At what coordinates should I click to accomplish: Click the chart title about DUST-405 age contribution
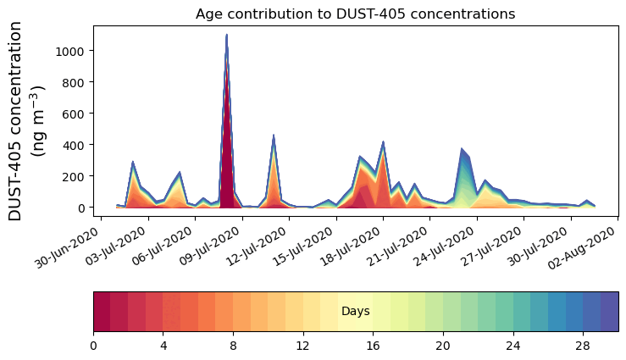pos(355,14)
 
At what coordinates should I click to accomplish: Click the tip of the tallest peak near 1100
pos(226,36)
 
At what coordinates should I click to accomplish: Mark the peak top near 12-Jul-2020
pos(273,136)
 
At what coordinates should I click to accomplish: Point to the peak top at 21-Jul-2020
pos(383,142)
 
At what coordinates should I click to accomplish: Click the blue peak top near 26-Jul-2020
pos(462,149)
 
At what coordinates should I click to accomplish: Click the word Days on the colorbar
pos(355,312)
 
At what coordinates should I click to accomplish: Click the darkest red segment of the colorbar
pos(102,312)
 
